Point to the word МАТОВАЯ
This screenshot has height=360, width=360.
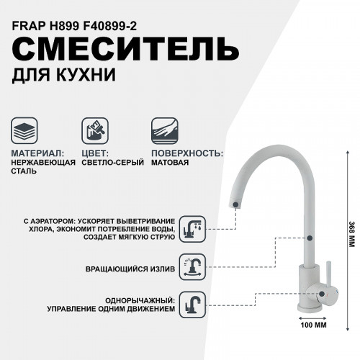[170, 163]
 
